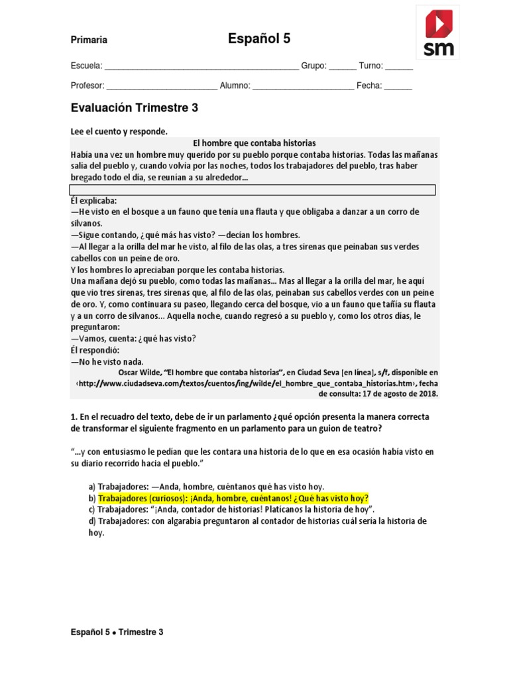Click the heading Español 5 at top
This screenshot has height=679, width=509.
coord(259,39)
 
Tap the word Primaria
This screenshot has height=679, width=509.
coord(89,40)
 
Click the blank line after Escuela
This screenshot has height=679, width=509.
coord(201,67)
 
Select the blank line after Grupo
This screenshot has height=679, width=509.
coord(342,67)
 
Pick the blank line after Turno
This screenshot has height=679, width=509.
coord(399,67)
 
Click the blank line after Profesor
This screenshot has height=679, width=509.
coord(162,86)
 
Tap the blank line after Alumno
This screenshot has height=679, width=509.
coord(304,86)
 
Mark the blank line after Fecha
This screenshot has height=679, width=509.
coord(398,86)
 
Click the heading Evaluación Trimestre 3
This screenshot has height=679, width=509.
coord(135,107)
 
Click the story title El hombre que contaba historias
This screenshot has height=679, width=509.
coord(254,143)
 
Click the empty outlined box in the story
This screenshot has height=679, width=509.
coord(253,190)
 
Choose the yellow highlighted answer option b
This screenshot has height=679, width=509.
coord(233,498)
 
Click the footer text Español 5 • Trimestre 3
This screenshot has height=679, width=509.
coord(117,632)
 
